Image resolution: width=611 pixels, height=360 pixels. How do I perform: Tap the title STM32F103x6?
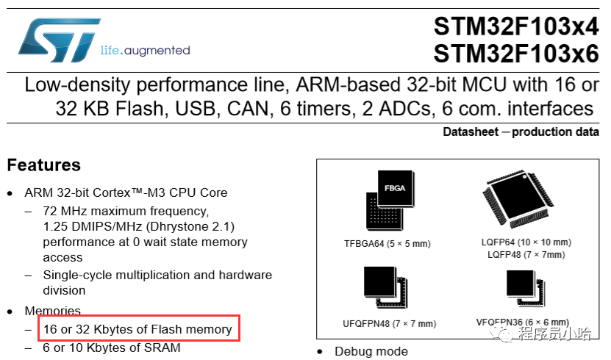pyautogui.click(x=515, y=53)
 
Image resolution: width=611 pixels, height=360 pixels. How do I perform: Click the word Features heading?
pyautogui.click(x=43, y=165)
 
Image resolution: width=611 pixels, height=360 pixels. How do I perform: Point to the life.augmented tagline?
pyautogui.click(x=145, y=51)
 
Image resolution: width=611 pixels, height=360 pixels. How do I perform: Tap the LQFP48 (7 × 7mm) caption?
pyautogui.click(x=525, y=255)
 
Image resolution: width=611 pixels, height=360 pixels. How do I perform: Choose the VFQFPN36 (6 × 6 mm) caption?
pyautogui.click(x=522, y=323)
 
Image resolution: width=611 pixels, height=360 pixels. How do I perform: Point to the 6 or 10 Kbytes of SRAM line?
pyautogui.click(x=112, y=348)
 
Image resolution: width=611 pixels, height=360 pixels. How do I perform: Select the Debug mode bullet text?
pyautogui.click(x=371, y=352)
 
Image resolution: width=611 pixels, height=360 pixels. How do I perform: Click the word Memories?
pyautogui.click(x=53, y=312)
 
